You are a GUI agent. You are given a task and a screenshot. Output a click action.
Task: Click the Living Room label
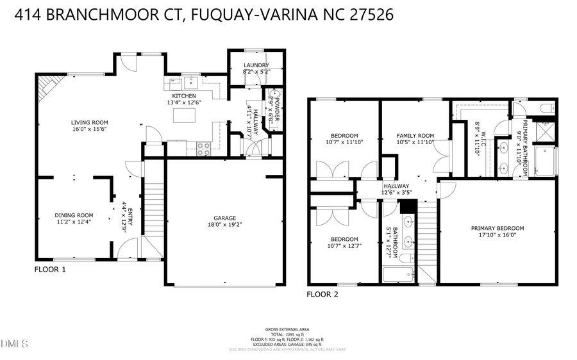point(89,122)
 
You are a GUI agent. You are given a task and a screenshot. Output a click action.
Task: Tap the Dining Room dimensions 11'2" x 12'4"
point(74,222)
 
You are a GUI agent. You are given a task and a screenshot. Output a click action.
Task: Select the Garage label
point(223,217)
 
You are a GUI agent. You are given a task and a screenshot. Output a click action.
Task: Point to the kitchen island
point(184,116)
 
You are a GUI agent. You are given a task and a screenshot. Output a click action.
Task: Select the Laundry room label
point(256,65)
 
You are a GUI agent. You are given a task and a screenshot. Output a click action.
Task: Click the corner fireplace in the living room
point(49,86)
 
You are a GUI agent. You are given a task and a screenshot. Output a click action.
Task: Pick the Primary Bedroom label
point(497,229)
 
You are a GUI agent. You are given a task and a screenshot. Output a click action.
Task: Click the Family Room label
point(415,136)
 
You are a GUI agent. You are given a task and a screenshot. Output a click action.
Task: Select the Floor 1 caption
point(50,270)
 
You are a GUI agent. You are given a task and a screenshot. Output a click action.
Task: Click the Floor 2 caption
point(322,295)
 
